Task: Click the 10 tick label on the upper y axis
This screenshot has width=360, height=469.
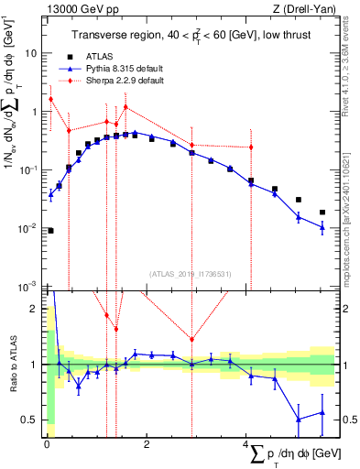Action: (32, 53)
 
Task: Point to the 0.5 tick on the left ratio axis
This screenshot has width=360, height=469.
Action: (34, 420)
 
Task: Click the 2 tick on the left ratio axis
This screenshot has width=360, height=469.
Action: (38, 309)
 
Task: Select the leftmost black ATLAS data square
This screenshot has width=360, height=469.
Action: (50, 231)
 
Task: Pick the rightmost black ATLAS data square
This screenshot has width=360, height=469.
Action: (322, 213)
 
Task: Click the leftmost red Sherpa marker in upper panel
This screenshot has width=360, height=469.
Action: (50, 99)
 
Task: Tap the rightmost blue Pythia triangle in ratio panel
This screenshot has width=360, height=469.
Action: (322, 413)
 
